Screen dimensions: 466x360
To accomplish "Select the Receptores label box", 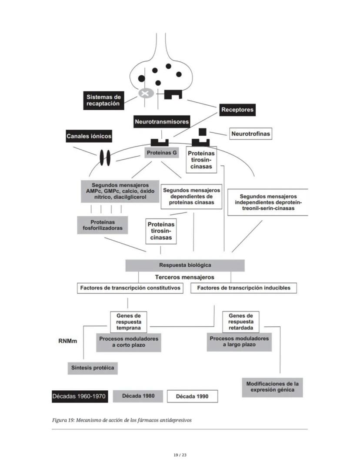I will click(237, 110).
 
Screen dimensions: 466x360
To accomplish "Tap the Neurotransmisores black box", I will click(162, 122).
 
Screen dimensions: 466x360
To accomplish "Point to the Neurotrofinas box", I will click(251, 134).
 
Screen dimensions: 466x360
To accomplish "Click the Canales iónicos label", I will click(89, 136).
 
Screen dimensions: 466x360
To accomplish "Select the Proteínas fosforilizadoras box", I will click(103, 225).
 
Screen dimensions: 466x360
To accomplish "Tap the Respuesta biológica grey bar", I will click(185, 265).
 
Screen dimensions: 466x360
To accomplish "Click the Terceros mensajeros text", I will click(185, 277).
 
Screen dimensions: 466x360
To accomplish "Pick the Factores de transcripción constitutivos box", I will click(130, 288).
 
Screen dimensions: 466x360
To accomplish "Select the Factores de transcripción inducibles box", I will click(243, 288).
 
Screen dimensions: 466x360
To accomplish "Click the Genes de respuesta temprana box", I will click(128, 322).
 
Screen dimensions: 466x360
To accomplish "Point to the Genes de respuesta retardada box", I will click(240, 322).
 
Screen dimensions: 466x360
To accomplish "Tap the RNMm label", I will click(67, 341).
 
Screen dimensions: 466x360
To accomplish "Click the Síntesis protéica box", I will click(93, 368).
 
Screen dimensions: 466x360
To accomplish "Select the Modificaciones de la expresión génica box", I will click(272, 387).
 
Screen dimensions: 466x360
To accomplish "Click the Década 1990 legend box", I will click(192, 396).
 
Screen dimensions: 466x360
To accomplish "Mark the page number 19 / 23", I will click(180, 455).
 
